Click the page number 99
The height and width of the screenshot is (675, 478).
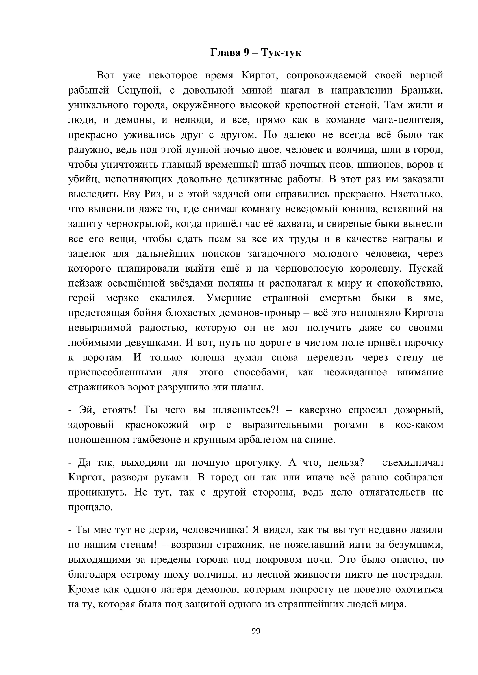pos(256,631)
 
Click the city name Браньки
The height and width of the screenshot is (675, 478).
pos(422,90)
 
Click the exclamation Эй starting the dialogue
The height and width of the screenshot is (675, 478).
pos(87,410)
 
